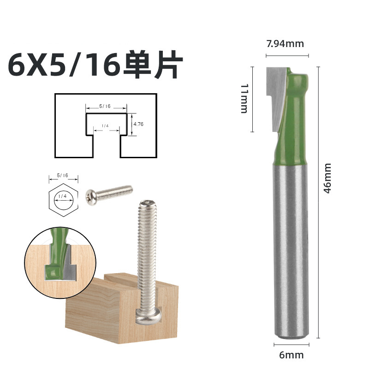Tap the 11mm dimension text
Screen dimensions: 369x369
(244, 98)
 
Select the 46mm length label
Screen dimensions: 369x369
(327, 178)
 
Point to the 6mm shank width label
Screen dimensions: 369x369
(292, 355)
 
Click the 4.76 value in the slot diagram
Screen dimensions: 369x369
(138, 125)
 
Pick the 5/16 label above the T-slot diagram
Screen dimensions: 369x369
(106, 106)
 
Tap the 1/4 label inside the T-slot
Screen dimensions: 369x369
(105, 126)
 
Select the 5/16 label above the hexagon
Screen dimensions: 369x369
(62, 176)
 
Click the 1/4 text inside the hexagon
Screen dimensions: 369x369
(62, 196)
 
